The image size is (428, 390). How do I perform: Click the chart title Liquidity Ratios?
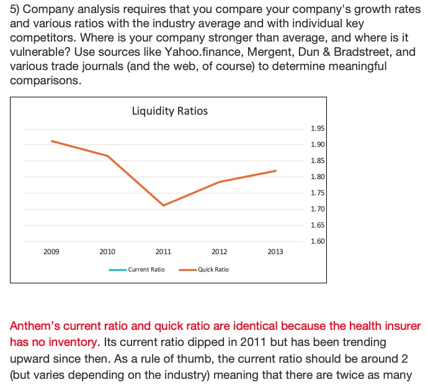[x=169, y=111]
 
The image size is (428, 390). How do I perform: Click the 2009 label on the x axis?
[x=51, y=252]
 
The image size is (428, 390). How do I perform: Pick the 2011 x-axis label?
[x=163, y=252]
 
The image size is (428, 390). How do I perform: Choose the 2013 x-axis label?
[x=275, y=252]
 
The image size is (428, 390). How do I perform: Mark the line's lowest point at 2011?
[x=163, y=205]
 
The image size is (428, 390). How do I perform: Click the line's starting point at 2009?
[x=51, y=141]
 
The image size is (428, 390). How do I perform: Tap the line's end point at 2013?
[x=275, y=171]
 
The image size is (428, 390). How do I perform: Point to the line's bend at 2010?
[x=108, y=156]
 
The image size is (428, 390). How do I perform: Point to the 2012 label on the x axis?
[x=219, y=252]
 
